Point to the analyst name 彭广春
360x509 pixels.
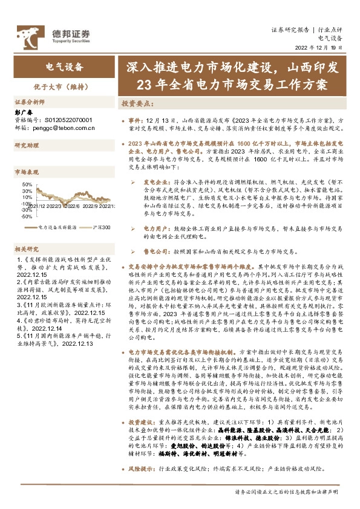coord(22,112)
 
